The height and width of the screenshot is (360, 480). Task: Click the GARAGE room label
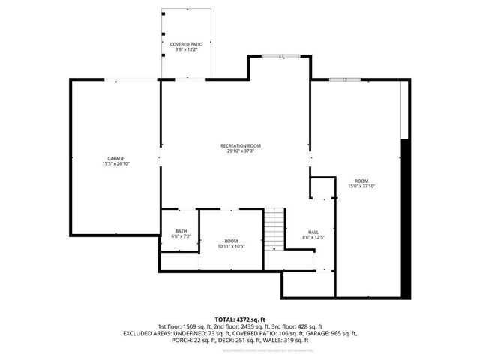[115, 159]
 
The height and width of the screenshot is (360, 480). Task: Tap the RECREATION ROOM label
[240, 145]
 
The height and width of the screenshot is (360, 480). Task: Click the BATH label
[181, 231]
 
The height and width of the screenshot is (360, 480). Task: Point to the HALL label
[313, 232]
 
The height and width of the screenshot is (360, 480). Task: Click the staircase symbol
[274, 229]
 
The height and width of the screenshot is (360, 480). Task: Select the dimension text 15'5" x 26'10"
[115, 164]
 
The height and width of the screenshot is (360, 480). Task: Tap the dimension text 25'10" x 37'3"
[240, 151]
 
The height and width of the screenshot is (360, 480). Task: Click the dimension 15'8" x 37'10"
[362, 186]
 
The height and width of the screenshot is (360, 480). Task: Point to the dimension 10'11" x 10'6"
[231, 245]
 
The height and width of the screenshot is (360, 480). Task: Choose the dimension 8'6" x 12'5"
[313, 237]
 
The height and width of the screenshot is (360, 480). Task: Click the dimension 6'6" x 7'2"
[181, 236]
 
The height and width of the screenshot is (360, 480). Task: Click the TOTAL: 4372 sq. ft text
[240, 319]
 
